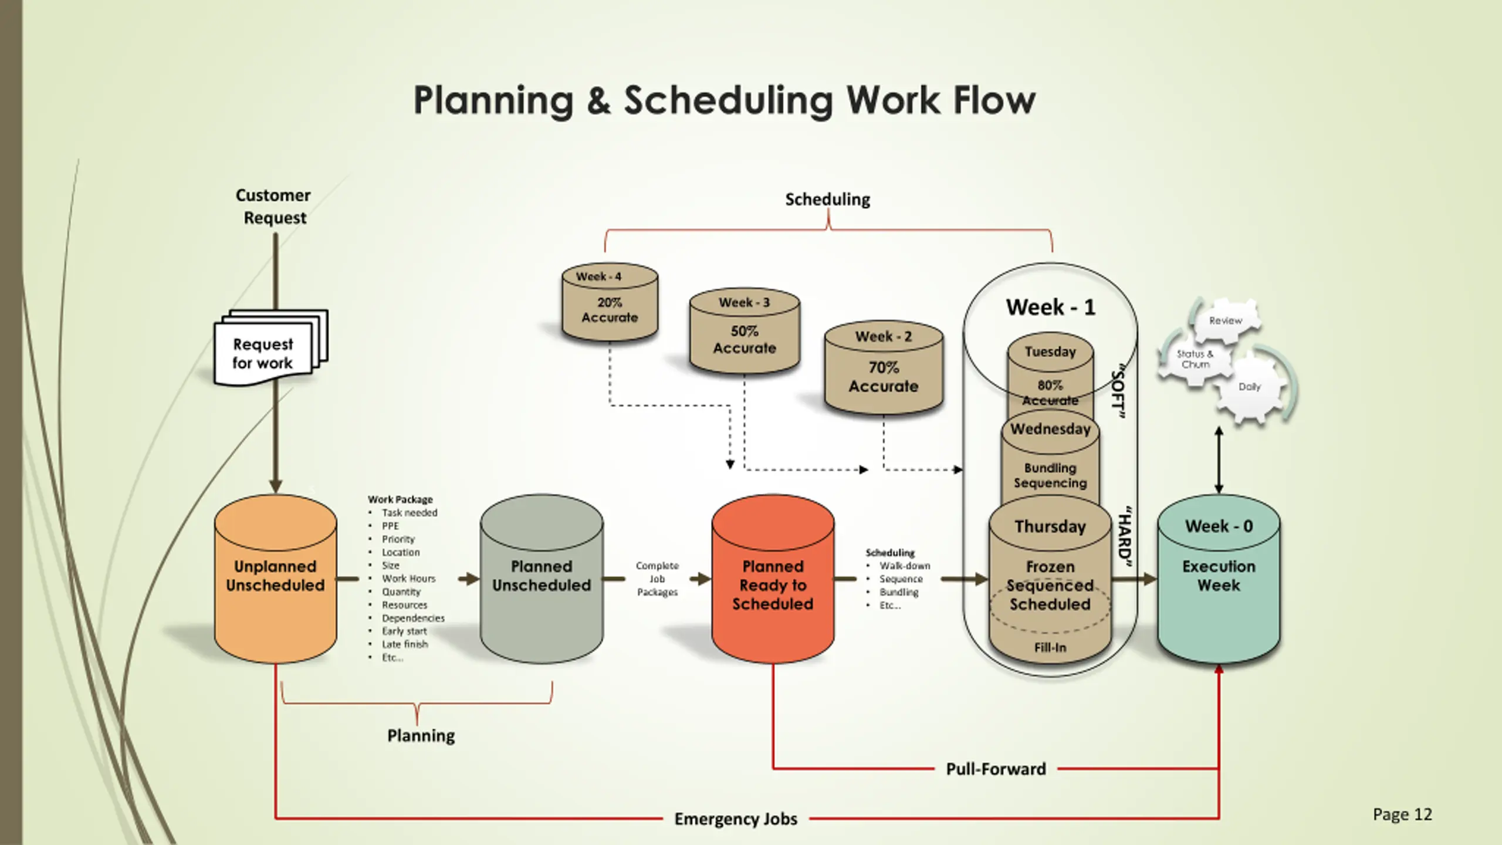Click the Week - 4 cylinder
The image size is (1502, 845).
(610, 302)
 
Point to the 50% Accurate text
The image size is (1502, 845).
(745, 340)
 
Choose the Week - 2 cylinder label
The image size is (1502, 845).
(883, 336)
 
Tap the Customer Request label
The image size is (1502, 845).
(274, 206)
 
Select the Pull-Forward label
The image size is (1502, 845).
(996, 769)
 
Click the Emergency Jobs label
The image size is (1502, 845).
(736, 819)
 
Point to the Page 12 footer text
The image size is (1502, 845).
(1402, 814)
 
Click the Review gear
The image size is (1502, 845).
(1226, 320)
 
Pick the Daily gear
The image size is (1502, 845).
(1250, 387)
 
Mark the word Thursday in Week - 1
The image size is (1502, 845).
(1050, 526)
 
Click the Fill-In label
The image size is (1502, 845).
(1050, 647)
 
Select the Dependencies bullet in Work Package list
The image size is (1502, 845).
(413, 618)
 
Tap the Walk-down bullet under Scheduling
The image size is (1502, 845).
(905, 566)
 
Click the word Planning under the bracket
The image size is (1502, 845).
(421, 735)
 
